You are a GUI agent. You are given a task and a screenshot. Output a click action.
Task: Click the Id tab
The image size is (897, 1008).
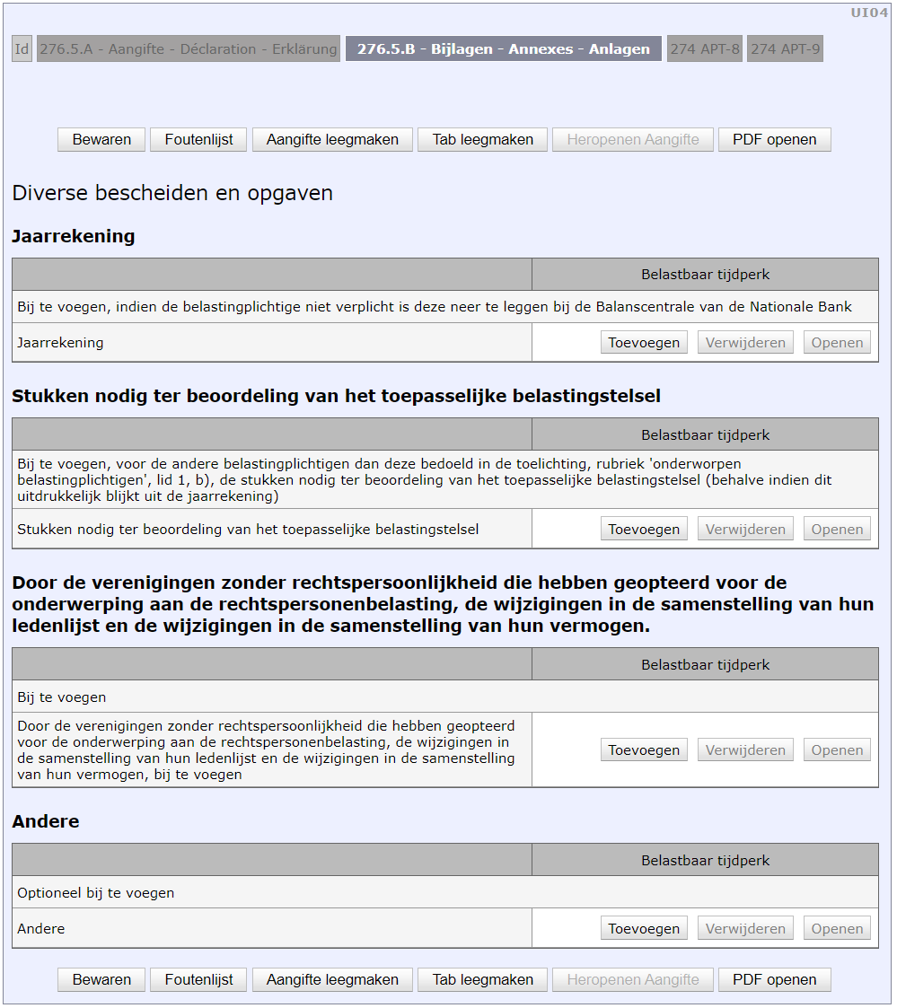[x=22, y=49]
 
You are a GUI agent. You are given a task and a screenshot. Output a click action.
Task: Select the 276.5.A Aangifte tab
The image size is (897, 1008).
[x=188, y=49]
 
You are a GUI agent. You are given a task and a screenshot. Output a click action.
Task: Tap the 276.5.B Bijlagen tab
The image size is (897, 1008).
[x=503, y=49]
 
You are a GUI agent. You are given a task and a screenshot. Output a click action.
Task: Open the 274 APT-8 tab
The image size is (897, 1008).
[x=705, y=49]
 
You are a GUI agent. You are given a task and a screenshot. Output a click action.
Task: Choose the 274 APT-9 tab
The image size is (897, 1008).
[x=785, y=49]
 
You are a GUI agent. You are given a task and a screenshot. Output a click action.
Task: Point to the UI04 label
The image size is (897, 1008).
[x=869, y=13]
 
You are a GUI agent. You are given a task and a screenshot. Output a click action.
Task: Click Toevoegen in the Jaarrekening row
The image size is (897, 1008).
[x=644, y=342]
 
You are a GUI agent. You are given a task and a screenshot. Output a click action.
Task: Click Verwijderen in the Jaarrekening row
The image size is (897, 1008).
[x=745, y=342]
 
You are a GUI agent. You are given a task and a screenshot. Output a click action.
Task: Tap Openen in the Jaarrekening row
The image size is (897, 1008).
[x=837, y=342]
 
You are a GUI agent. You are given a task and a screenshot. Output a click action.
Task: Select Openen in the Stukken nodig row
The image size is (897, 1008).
[x=837, y=529]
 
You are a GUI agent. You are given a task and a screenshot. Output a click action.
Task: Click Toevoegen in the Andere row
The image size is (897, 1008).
[x=644, y=928]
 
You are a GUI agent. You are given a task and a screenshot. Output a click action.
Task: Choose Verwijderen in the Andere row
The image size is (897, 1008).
[x=745, y=928]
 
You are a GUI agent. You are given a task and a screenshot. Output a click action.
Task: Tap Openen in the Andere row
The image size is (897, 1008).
[x=837, y=928]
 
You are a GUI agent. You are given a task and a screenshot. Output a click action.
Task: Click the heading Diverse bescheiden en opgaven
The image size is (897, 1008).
[x=172, y=193]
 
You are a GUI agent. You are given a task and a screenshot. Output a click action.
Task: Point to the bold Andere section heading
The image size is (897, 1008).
[x=46, y=821]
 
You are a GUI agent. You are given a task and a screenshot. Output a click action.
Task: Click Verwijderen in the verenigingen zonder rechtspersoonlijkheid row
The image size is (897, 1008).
[x=745, y=749]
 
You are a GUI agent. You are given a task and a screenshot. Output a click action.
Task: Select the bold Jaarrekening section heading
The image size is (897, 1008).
[x=74, y=236]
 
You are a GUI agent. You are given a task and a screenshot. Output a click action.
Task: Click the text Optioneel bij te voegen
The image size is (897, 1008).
[x=96, y=893]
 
